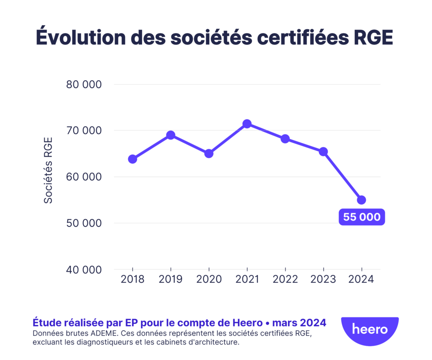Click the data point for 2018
[x=132, y=159]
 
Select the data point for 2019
[x=170, y=135]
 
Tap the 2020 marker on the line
[x=209, y=153]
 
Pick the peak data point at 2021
[x=247, y=124]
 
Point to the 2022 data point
[x=285, y=139]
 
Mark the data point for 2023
[x=323, y=152]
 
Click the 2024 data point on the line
[x=362, y=200]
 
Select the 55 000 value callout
[x=362, y=217]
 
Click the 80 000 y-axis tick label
[x=84, y=84]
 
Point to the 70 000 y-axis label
[x=84, y=131]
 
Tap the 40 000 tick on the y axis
[x=84, y=270]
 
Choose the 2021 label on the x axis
[x=247, y=280]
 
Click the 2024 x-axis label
[x=362, y=280]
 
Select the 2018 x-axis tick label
[x=132, y=280]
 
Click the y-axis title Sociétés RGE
[x=49, y=170]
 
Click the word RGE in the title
[x=372, y=37]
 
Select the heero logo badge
[x=370, y=329]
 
